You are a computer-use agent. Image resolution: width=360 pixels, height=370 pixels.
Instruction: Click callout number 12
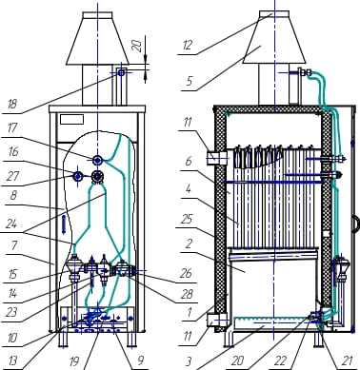(188, 46)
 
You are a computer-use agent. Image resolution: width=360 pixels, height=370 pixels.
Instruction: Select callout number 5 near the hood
(190, 81)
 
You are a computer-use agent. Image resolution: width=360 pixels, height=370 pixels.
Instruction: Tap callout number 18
(12, 104)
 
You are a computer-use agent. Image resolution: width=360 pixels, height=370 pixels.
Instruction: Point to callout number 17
(12, 128)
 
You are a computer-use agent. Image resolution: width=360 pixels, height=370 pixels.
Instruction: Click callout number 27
(12, 176)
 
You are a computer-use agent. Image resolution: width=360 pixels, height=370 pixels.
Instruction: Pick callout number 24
(11, 224)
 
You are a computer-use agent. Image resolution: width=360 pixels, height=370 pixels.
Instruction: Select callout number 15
(12, 274)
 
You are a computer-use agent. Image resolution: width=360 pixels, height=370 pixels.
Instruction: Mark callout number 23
(11, 313)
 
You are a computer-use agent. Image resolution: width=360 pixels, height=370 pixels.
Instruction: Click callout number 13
(12, 360)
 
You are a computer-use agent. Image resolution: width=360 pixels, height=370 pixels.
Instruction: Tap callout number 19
(74, 360)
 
